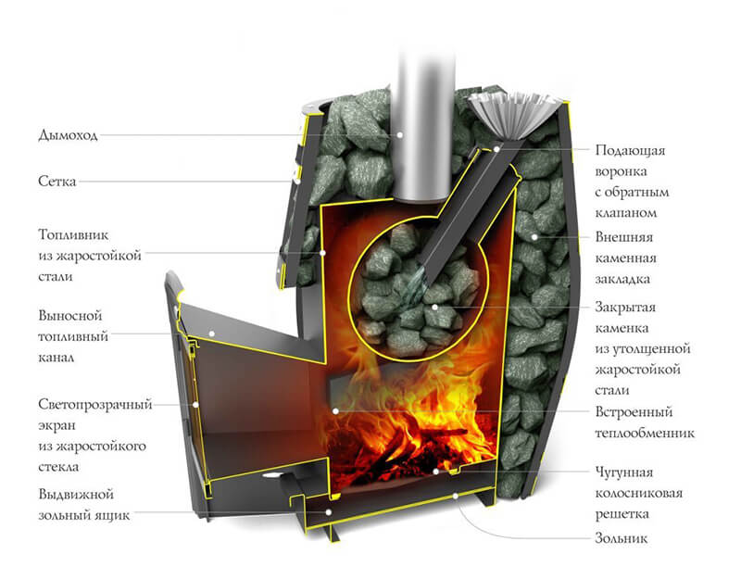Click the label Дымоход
pos(68,135)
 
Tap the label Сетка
pos(57,182)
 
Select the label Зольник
pos(621,538)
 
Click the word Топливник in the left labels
pos(73,235)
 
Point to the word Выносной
pos(70,316)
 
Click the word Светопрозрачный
pos(95,405)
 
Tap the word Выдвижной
pos(76,495)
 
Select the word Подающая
pos(630,151)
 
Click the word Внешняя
pos(623,237)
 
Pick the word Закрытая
pos(625,308)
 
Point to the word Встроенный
pos(634,412)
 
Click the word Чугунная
pos(623,472)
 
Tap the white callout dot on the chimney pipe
pos(400,134)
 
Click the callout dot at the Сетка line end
pos(295,181)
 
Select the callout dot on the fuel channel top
pos(212,334)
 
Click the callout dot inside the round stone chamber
pos(434,308)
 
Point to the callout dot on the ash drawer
pos(329,512)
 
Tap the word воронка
pos(621,171)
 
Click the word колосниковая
pos(639,494)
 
